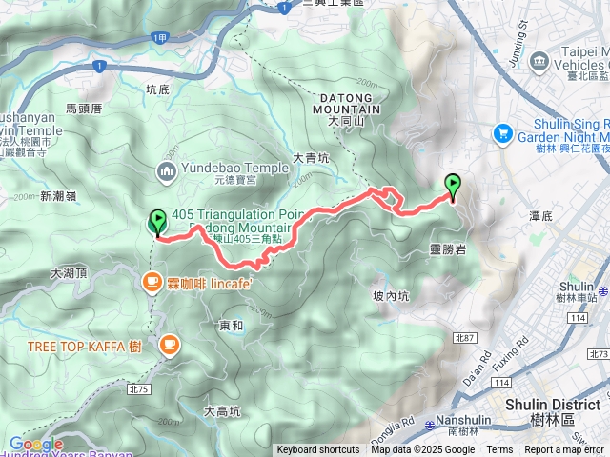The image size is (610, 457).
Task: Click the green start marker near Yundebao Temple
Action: [x=157, y=222]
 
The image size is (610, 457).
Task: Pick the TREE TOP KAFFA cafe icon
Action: [x=169, y=346]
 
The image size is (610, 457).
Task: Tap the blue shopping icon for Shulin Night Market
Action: [x=502, y=134]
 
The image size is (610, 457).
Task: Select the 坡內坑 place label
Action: [x=391, y=296]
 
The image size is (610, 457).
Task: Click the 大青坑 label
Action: [x=310, y=157]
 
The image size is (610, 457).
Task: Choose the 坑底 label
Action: [x=157, y=89]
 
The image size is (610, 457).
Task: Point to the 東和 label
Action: [x=231, y=325]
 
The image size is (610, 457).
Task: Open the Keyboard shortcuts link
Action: [x=318, y=450]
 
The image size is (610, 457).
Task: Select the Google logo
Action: [x=35, y=444]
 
